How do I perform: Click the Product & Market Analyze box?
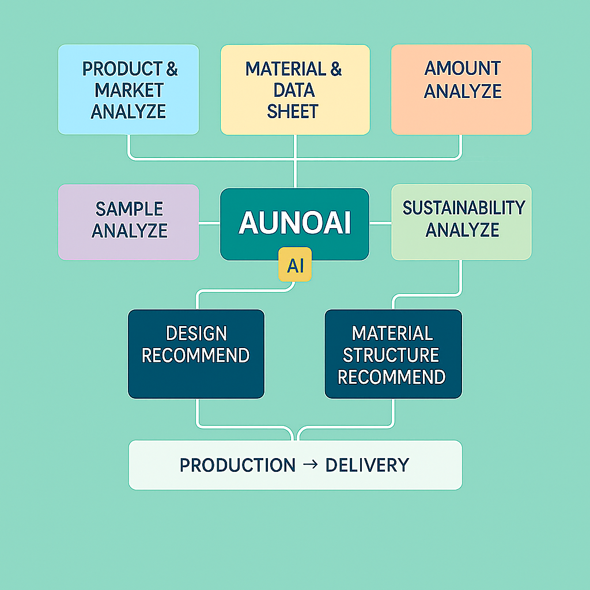128,89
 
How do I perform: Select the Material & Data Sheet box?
294,89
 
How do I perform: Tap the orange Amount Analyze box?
462,89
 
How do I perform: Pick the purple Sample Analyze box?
128,222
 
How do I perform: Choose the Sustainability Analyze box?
462,222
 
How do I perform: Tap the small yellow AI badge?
295,265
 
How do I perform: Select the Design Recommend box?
196,353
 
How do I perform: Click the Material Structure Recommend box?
393,353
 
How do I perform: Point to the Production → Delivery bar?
295,464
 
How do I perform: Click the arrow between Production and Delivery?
309,464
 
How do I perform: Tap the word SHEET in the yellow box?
293,111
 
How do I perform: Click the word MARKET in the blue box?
129,90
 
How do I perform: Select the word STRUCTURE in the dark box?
391,355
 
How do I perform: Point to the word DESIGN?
196,334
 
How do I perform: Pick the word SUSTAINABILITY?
464,207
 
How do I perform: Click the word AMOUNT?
463,69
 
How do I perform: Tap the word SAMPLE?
130,209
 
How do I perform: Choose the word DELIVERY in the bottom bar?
367,464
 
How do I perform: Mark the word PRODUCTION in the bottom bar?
237,464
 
